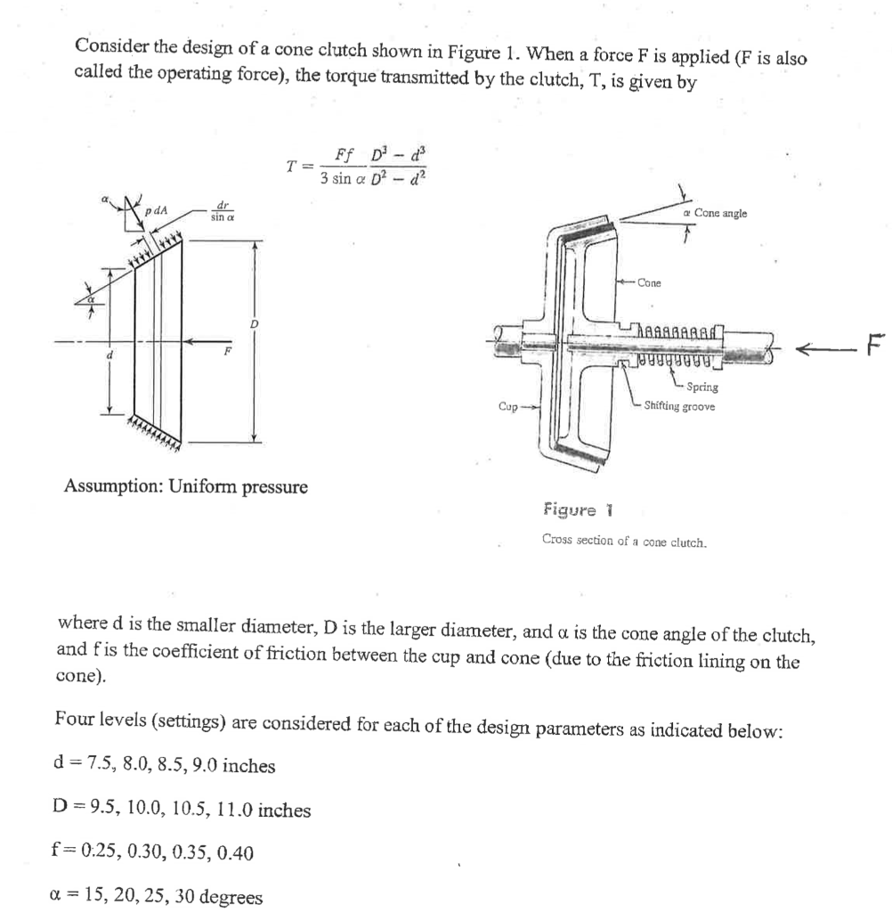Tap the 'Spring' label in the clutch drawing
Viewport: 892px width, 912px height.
coord(703,387)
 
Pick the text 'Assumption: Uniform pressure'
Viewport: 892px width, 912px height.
coord(186,487)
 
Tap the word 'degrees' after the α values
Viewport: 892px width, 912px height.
coord(231,897)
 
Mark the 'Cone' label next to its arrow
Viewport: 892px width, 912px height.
coord(649,283)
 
